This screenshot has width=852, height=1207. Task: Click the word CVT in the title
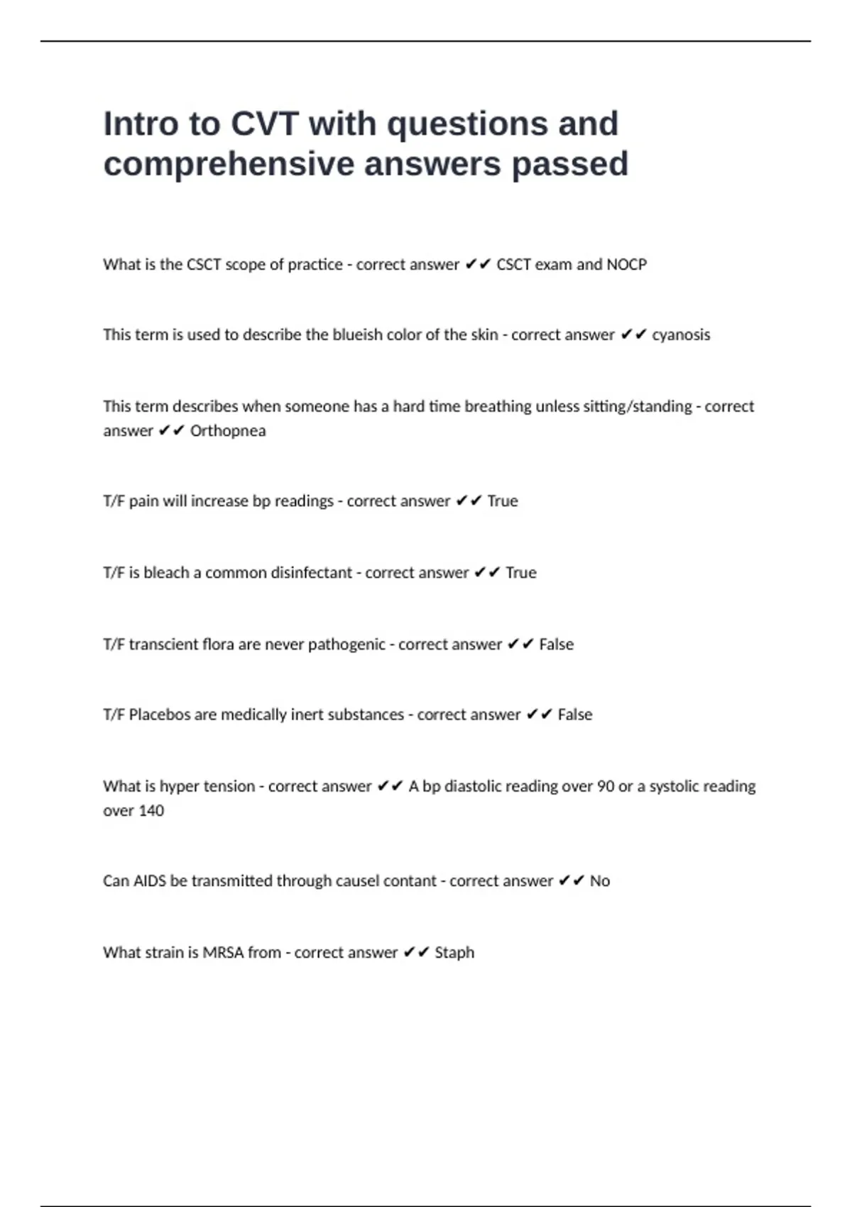(x=265, y=124)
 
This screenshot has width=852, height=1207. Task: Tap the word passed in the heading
(x=569, y=165)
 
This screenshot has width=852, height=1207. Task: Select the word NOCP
(x=626, y=265)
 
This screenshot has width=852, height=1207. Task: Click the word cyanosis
(x=681, y=335)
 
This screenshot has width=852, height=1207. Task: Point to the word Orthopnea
(x=228, y=431)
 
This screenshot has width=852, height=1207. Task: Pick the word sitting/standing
(x=637, y=407)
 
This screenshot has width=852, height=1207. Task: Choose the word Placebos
(x=159, y=715)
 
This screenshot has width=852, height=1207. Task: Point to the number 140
(x=151, y=811)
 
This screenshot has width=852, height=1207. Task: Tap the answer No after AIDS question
(x=600, y=881)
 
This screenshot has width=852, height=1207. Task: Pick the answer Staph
(x=454, y=953)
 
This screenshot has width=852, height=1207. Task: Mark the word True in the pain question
(x=503, y=501)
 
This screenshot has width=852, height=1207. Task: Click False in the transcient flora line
(x=556, y=645)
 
